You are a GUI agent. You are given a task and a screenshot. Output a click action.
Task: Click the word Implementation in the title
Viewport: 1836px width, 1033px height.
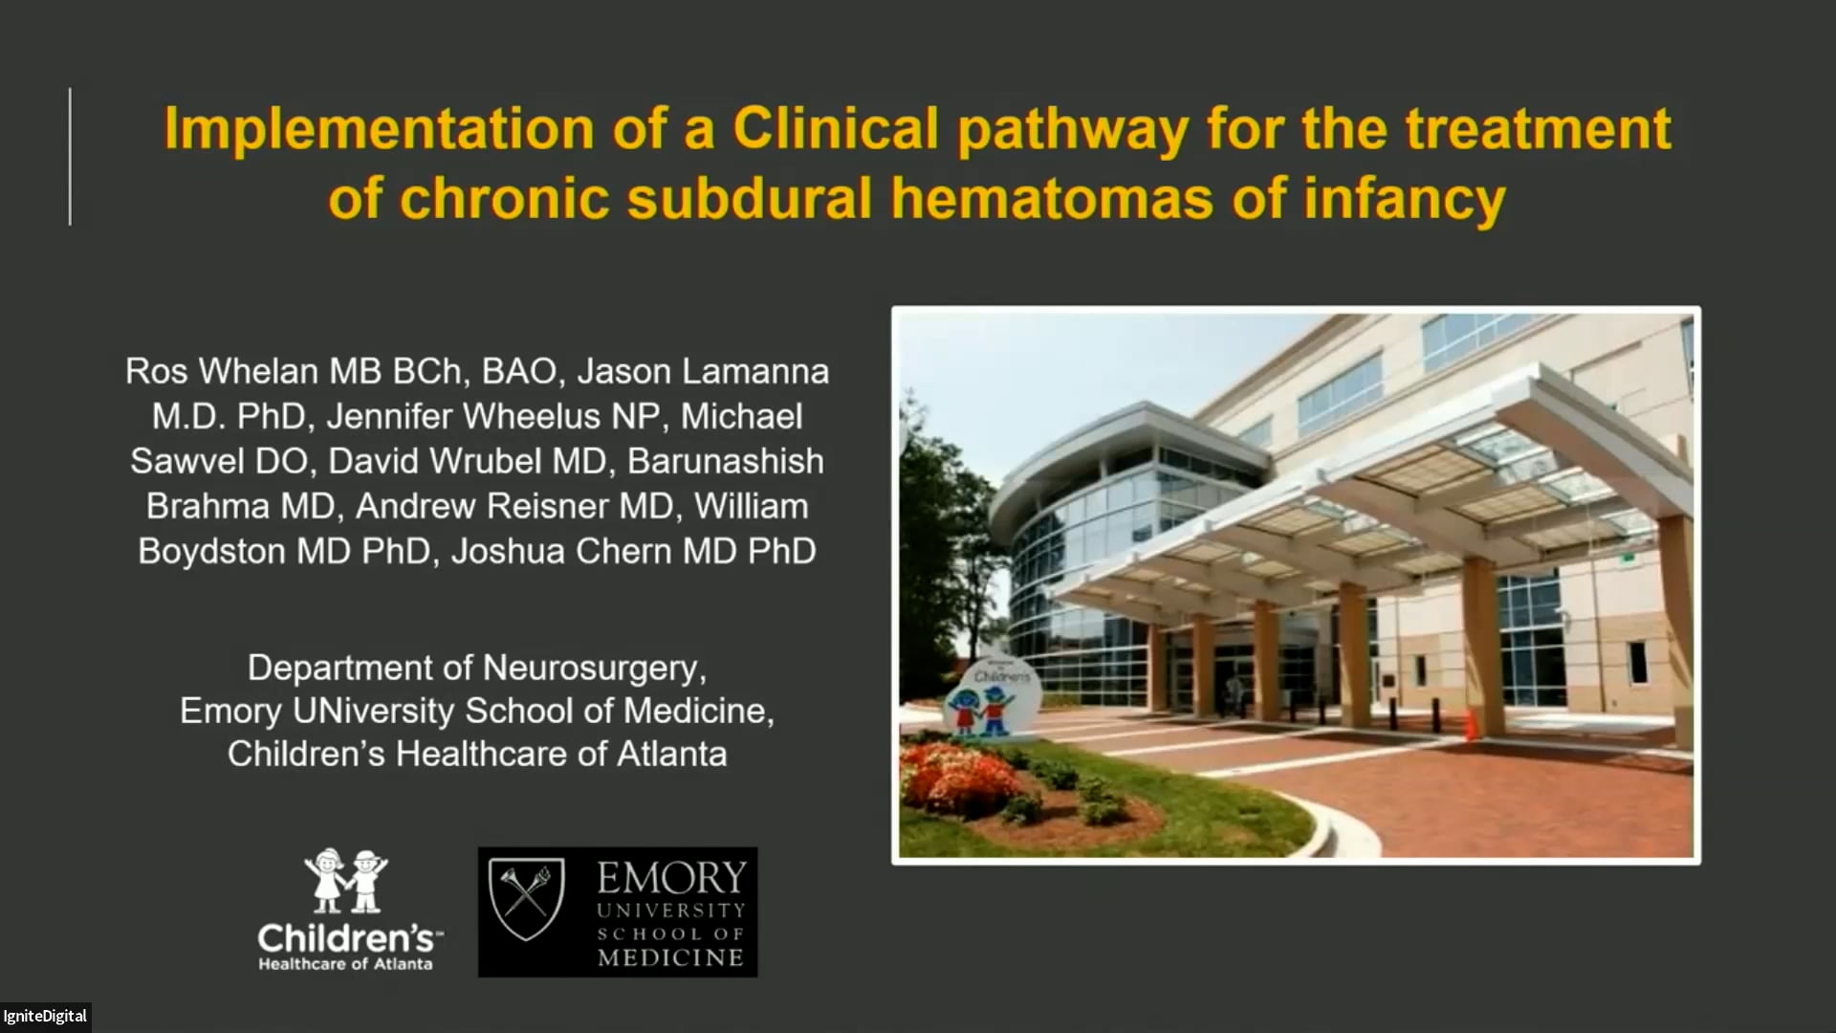tap(379, 129)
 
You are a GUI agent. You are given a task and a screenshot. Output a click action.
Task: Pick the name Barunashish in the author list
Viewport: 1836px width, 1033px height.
tap(725, 461)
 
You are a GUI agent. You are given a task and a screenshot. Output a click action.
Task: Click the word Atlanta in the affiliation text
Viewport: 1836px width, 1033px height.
tap(671, 754)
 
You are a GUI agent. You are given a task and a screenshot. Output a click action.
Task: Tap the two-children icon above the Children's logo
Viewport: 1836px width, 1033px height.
tap(345, 880)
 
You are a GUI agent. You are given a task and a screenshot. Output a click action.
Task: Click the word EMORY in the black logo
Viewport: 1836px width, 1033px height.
tap(671, 877)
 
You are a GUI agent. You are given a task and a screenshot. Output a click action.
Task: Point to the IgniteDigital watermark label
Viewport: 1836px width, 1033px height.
tap(45, 1016)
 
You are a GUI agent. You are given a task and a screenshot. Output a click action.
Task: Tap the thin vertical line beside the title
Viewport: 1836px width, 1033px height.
tap(70, 157)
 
